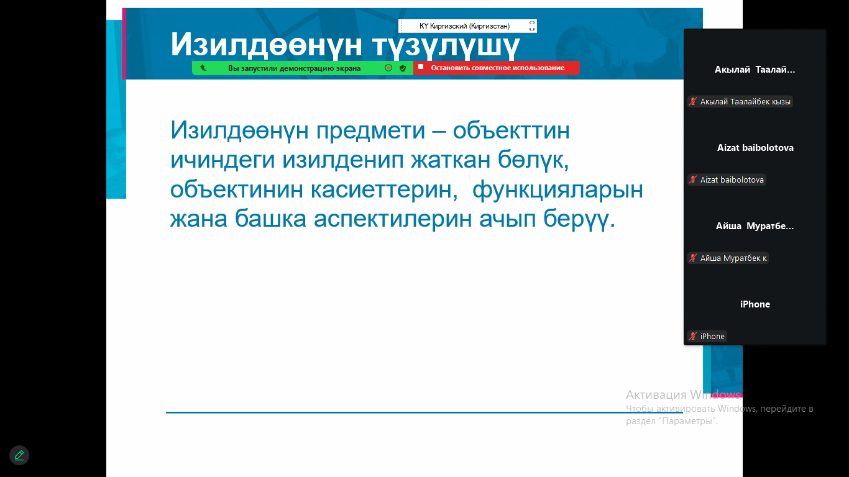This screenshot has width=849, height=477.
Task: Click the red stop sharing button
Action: click(496, 68)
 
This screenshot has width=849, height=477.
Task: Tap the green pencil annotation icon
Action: click(19, 455)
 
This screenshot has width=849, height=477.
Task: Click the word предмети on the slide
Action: click(370, 130)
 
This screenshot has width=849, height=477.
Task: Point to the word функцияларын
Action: click(558, 189)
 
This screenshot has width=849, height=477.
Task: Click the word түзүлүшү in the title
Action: click(446, 45)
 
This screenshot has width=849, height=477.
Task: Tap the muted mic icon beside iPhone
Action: click(693, 336)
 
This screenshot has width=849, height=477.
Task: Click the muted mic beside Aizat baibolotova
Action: click(693, 179)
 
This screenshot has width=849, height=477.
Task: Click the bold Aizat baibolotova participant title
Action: click(755, 148)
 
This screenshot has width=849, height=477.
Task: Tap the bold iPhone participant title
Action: click(755, 304)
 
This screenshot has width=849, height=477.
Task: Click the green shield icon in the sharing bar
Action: click(403, 68)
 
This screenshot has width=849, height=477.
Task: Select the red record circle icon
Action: click(388, 68)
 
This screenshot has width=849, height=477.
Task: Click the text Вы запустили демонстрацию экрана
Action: click(294, 68)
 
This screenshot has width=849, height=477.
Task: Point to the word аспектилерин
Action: click(393, 219)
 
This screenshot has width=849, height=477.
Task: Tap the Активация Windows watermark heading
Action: click(683, 395)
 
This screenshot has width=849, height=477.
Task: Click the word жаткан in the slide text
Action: click(451, 160)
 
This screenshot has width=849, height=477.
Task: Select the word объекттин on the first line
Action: click(512, 130)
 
